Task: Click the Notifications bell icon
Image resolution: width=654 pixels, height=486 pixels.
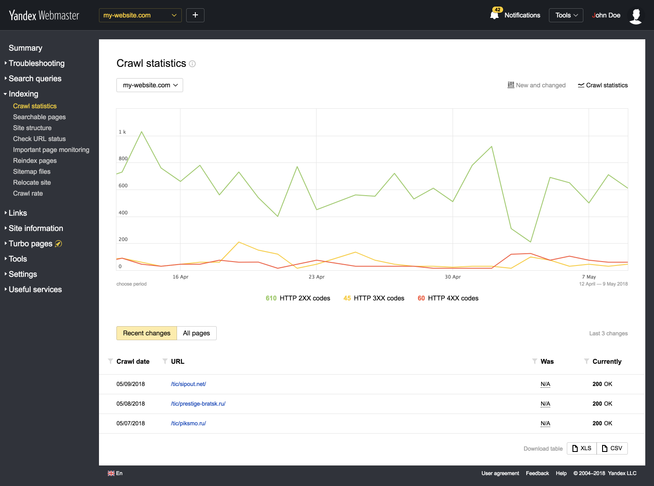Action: [x=494, y=15]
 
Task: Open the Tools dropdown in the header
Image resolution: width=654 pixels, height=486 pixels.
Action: [x=566, y=15]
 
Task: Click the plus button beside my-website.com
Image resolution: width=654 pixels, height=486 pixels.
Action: [x=195, y=15]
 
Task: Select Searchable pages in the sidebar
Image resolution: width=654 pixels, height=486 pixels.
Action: [x=39, y=117]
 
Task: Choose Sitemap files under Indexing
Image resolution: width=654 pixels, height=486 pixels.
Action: [x=32, y=172]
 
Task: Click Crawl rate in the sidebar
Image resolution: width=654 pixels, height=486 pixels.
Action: [x=28, y=193]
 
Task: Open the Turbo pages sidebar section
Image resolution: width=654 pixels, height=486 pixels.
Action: [x=31, y=244]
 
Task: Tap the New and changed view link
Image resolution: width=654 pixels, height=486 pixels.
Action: [x=537, y=85]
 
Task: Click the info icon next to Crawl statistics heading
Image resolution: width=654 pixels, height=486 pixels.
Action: [x=192, y=64]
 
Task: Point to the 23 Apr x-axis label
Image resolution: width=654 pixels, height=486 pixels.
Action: [x=317, y=277]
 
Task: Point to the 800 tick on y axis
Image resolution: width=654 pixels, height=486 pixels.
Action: [x=123, y=159]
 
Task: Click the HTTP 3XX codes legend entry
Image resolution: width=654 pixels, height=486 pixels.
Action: [x=374, y=298]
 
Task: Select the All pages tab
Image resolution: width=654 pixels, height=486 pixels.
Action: [x=196, y=333]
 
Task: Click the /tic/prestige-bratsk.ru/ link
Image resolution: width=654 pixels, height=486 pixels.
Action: [x=198, y=404]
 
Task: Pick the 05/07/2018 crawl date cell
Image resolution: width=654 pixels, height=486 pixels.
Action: [x=130, y=424]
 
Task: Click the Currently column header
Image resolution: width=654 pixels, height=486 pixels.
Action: [x=606, y=362]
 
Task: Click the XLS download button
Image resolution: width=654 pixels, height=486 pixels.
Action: [x=582, y=448]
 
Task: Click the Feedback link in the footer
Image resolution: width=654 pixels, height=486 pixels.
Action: [x=537, y=473]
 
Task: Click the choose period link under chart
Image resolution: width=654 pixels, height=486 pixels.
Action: [x=131, y=284]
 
